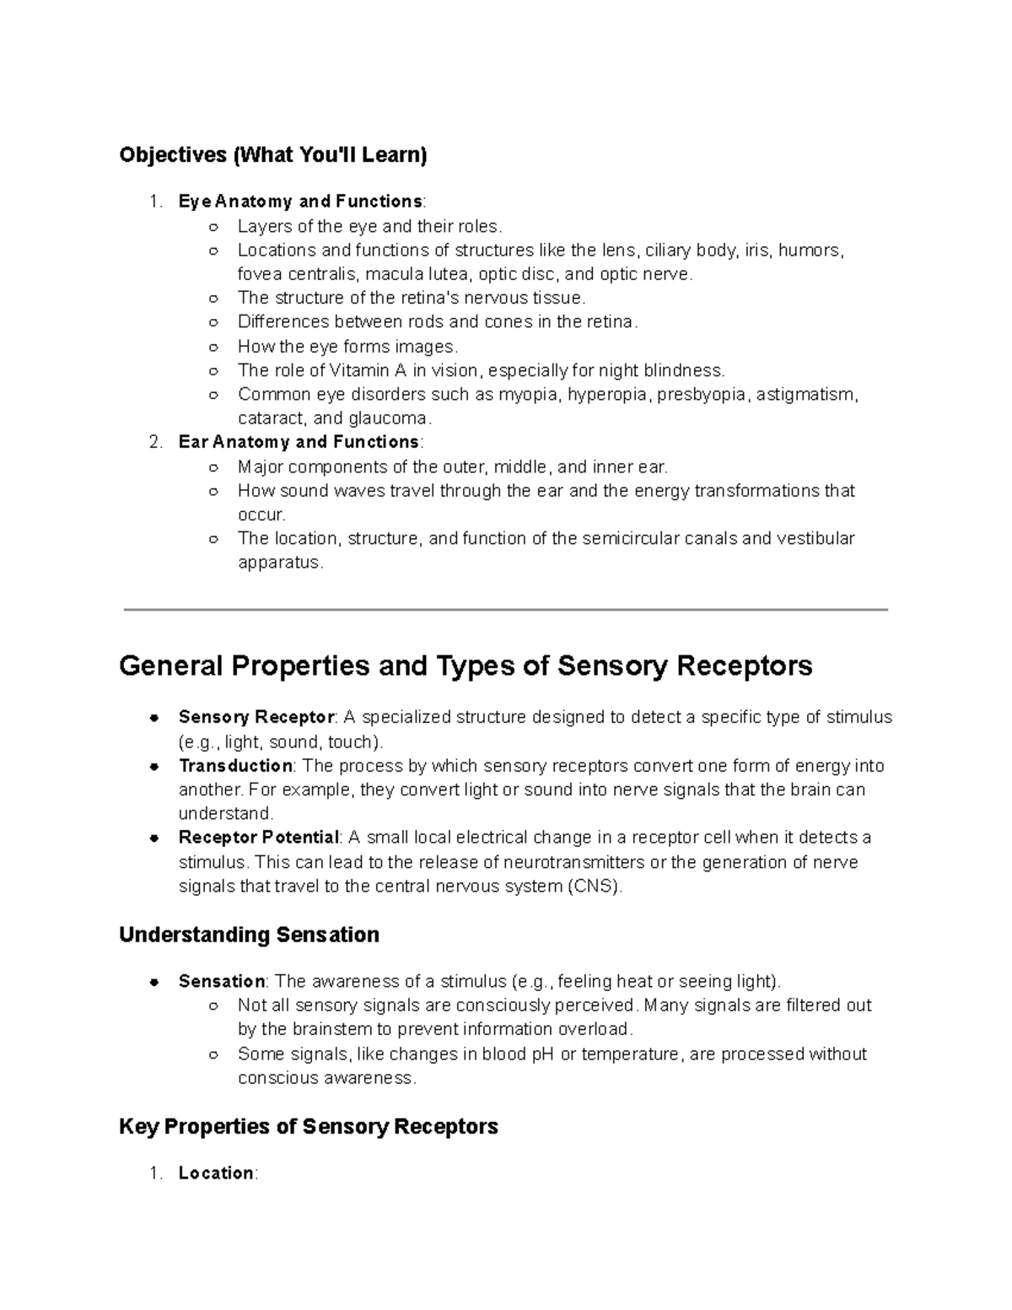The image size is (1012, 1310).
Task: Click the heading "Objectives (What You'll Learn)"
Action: point(273,155)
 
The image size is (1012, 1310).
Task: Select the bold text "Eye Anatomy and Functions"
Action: point(300,202)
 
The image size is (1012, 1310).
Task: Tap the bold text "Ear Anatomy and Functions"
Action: point(299,442)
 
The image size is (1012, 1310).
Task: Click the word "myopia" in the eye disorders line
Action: point(530,395)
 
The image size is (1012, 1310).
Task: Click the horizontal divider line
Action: point(505,609)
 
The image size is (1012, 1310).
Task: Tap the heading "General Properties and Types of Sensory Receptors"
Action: point(466,666)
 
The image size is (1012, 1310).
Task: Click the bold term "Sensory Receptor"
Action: point(256,718)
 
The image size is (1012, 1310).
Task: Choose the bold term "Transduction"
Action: point(235,766)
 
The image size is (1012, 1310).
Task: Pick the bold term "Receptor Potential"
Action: point(258,838)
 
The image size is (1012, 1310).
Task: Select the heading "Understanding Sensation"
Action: point(249,935)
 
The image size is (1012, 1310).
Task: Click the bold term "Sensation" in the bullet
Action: point(222,981)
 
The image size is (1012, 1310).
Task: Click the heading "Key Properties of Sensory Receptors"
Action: point(309,1127)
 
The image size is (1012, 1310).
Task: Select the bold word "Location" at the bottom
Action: point(216,1173)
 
